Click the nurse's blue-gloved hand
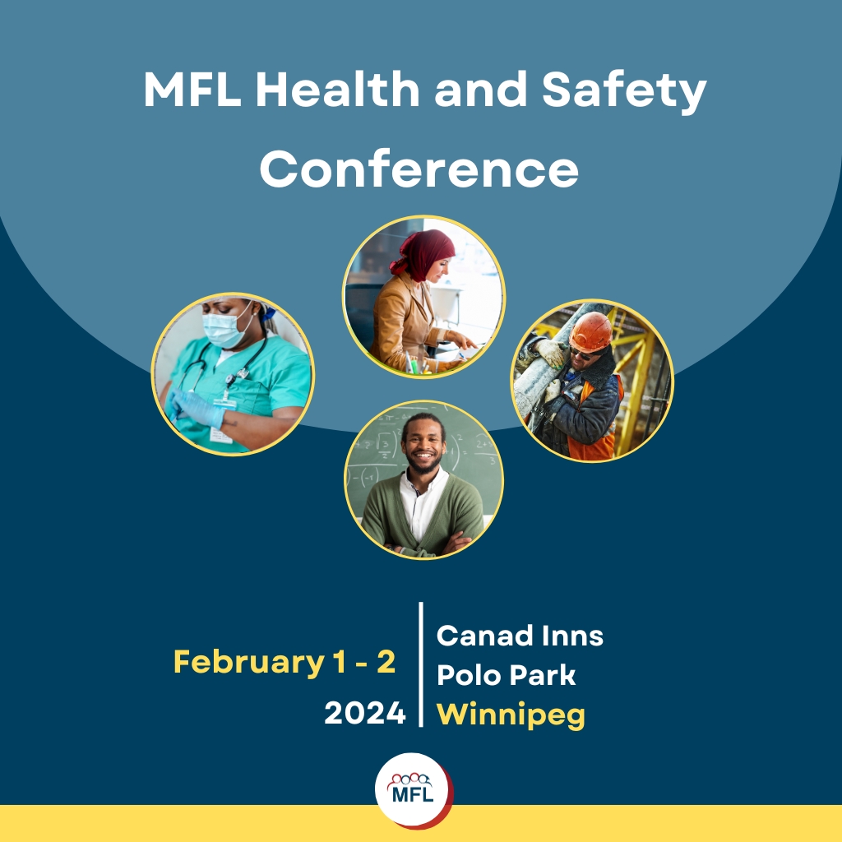point(197,408)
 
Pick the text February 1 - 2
point(285,663)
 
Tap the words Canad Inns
point(520,636)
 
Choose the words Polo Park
point(506,675)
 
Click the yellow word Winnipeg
point(511,715)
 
